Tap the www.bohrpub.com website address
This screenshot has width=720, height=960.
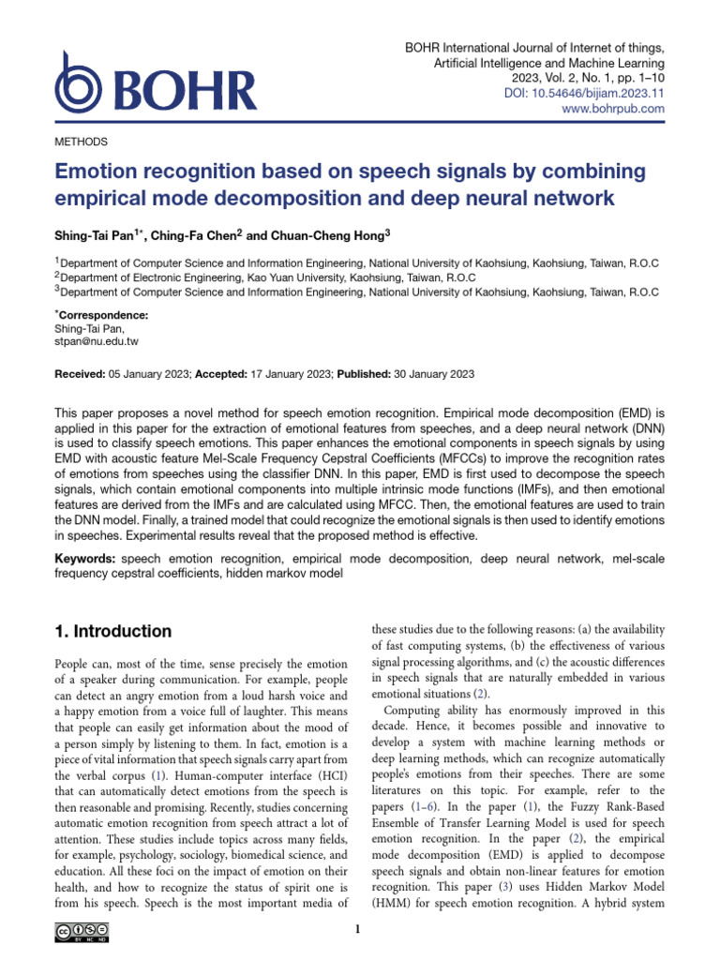pos(613,109)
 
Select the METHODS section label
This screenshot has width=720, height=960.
pos(82,142)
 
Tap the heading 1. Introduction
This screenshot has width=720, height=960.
pos(113,631)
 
